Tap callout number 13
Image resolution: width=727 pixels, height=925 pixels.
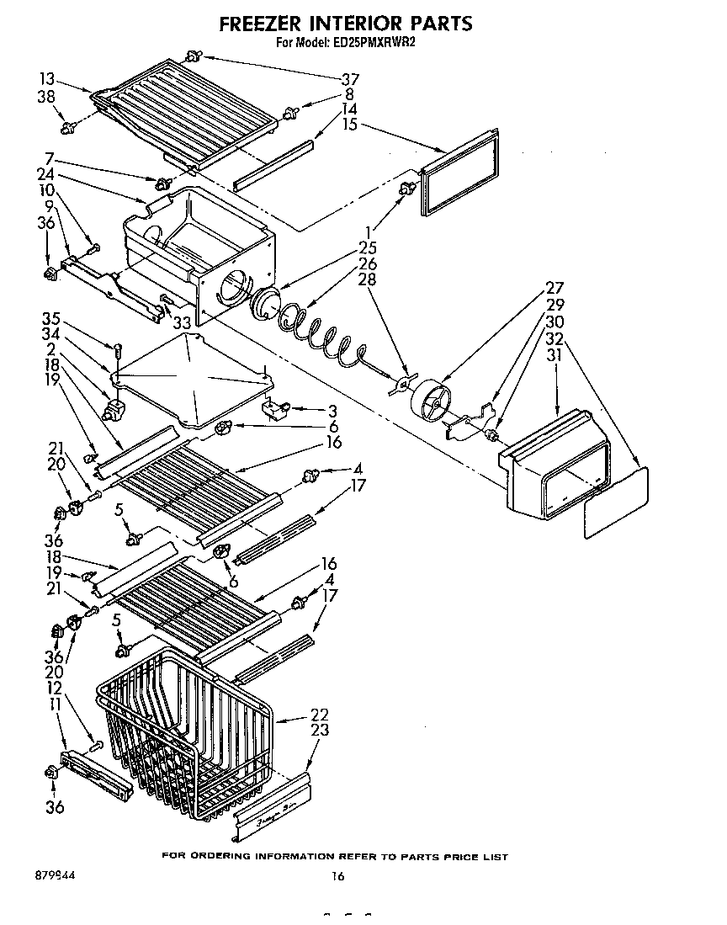pos(48,78)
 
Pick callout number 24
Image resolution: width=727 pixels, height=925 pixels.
pos(48,175)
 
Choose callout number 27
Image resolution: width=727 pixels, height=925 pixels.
pos(555,287)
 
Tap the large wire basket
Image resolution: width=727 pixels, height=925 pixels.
pos(185,732)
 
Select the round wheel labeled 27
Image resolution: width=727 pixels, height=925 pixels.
pos(430,404)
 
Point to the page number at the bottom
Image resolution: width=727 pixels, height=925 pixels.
pos(337,876)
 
